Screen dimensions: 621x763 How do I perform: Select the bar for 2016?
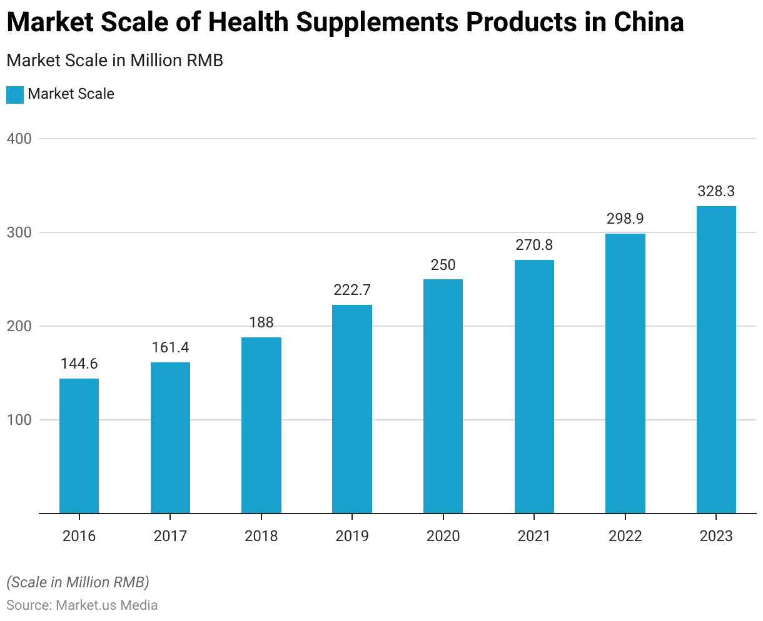click(x=79, y=445)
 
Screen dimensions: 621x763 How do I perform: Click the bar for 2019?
click(x=352, y=409)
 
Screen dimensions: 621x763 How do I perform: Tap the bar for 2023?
click(x=716, y=359)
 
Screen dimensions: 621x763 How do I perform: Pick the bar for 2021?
click(x=534, y=386)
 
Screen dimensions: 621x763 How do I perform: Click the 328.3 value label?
click(x=716, y=191)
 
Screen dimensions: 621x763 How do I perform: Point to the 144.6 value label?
click(x=79, y=364)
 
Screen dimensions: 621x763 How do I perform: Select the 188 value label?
click(x=261, y=322)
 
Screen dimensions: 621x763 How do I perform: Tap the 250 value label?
click(x=443, y=264)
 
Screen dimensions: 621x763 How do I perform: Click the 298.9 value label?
click(x=625, y=219)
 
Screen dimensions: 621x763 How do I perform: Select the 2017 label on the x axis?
click(x=170, y=536)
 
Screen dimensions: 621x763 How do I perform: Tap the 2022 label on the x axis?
click(x=625, y=536)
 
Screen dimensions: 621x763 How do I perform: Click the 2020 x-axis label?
click(x=443, y=536)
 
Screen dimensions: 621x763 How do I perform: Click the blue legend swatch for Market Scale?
click(x=15, y=95)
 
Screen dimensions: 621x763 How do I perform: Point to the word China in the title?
click(x=649, y=22)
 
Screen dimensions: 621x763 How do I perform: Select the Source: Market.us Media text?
click(x=82, y=605)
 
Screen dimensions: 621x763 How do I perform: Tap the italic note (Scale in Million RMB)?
click(x=78, y=582)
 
